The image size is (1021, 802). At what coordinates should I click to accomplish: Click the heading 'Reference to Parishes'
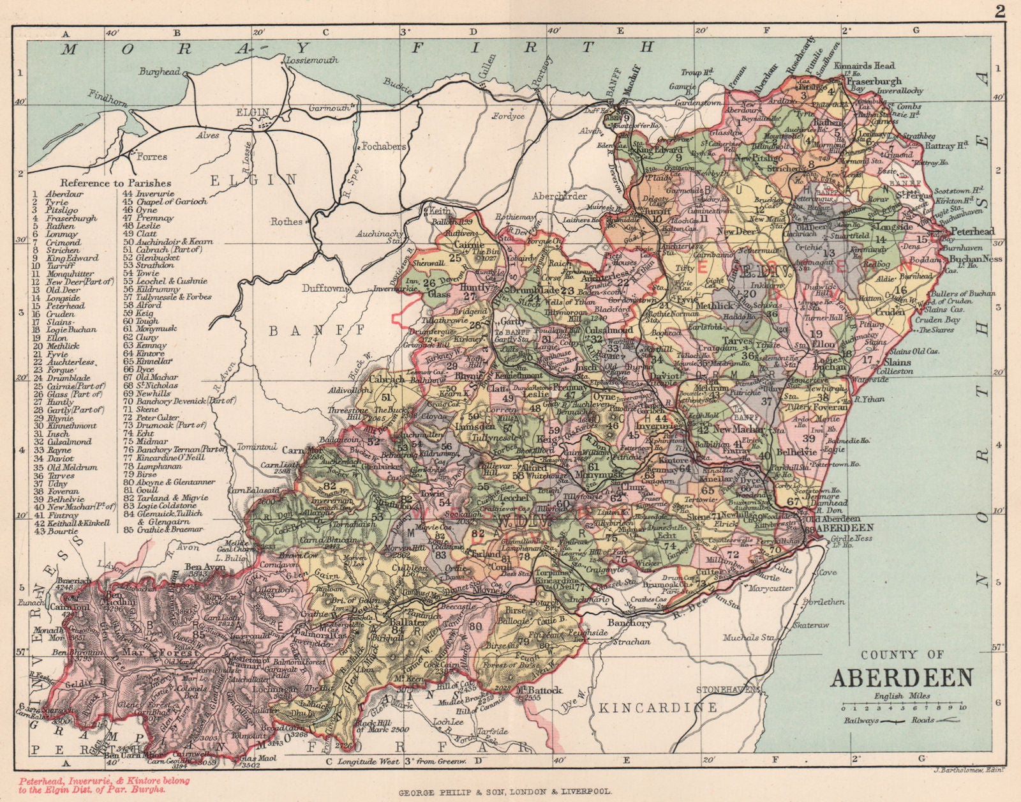[116, 183]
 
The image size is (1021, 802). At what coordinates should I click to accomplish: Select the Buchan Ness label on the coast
[972, 259]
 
